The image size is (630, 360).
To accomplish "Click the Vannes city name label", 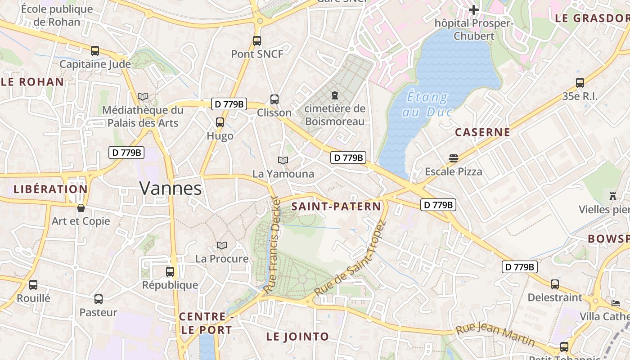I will click(171, 188).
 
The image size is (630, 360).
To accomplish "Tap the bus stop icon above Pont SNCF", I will click(257, 41).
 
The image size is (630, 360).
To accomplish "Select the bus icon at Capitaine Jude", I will click(95, 51).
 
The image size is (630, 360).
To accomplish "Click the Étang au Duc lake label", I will click(427, 104).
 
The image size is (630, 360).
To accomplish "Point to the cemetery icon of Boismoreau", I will click(334, 95).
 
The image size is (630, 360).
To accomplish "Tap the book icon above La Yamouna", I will click(283, 160).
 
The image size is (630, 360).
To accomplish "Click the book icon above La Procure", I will click(221, 245).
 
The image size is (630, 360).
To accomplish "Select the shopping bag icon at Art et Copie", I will click(81, 208).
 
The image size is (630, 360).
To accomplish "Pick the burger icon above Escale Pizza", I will click(453, 158).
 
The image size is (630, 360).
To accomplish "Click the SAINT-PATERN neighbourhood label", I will click(336, 207).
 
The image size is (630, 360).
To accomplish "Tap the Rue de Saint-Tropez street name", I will click(351, 258).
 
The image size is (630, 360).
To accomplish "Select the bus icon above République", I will click(170, 272).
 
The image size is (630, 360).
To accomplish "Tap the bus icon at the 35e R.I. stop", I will click(580, 83).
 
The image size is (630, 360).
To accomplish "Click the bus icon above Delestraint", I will click(555, 284).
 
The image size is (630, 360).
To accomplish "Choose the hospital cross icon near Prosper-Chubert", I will click(473, 9).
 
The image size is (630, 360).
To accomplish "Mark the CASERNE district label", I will click(482, 132).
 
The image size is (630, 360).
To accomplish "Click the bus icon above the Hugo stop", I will click(220, 122).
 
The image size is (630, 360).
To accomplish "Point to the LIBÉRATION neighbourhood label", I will click(50, 189).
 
